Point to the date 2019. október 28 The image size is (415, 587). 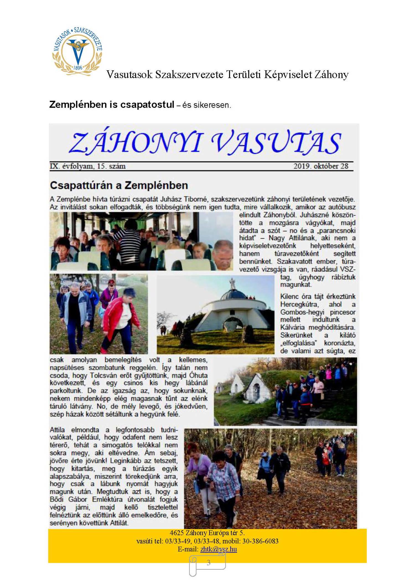pyautogui.click(x=321, y=166)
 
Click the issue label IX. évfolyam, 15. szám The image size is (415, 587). pyautogui.click(x=88, y=166)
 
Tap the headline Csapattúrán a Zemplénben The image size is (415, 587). pyautogui.click(x=119, y=185)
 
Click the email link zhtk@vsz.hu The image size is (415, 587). pyautogui.click(x=219, y=549)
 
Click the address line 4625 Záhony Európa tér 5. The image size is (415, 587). pyautogui.click(x=207, y=533)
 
